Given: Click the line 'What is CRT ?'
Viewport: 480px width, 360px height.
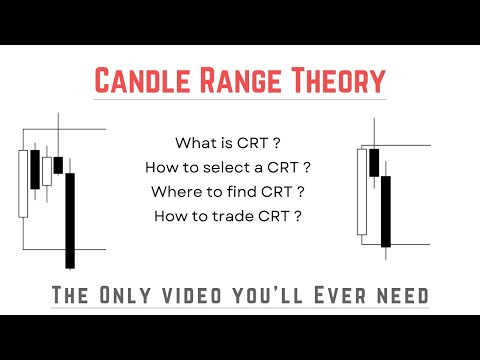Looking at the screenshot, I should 229,142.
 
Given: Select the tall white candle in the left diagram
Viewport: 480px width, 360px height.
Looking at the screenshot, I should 23,183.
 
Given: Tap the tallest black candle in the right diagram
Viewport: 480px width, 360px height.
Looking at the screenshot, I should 385,210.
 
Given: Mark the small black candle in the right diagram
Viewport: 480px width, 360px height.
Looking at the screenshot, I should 374,161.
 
